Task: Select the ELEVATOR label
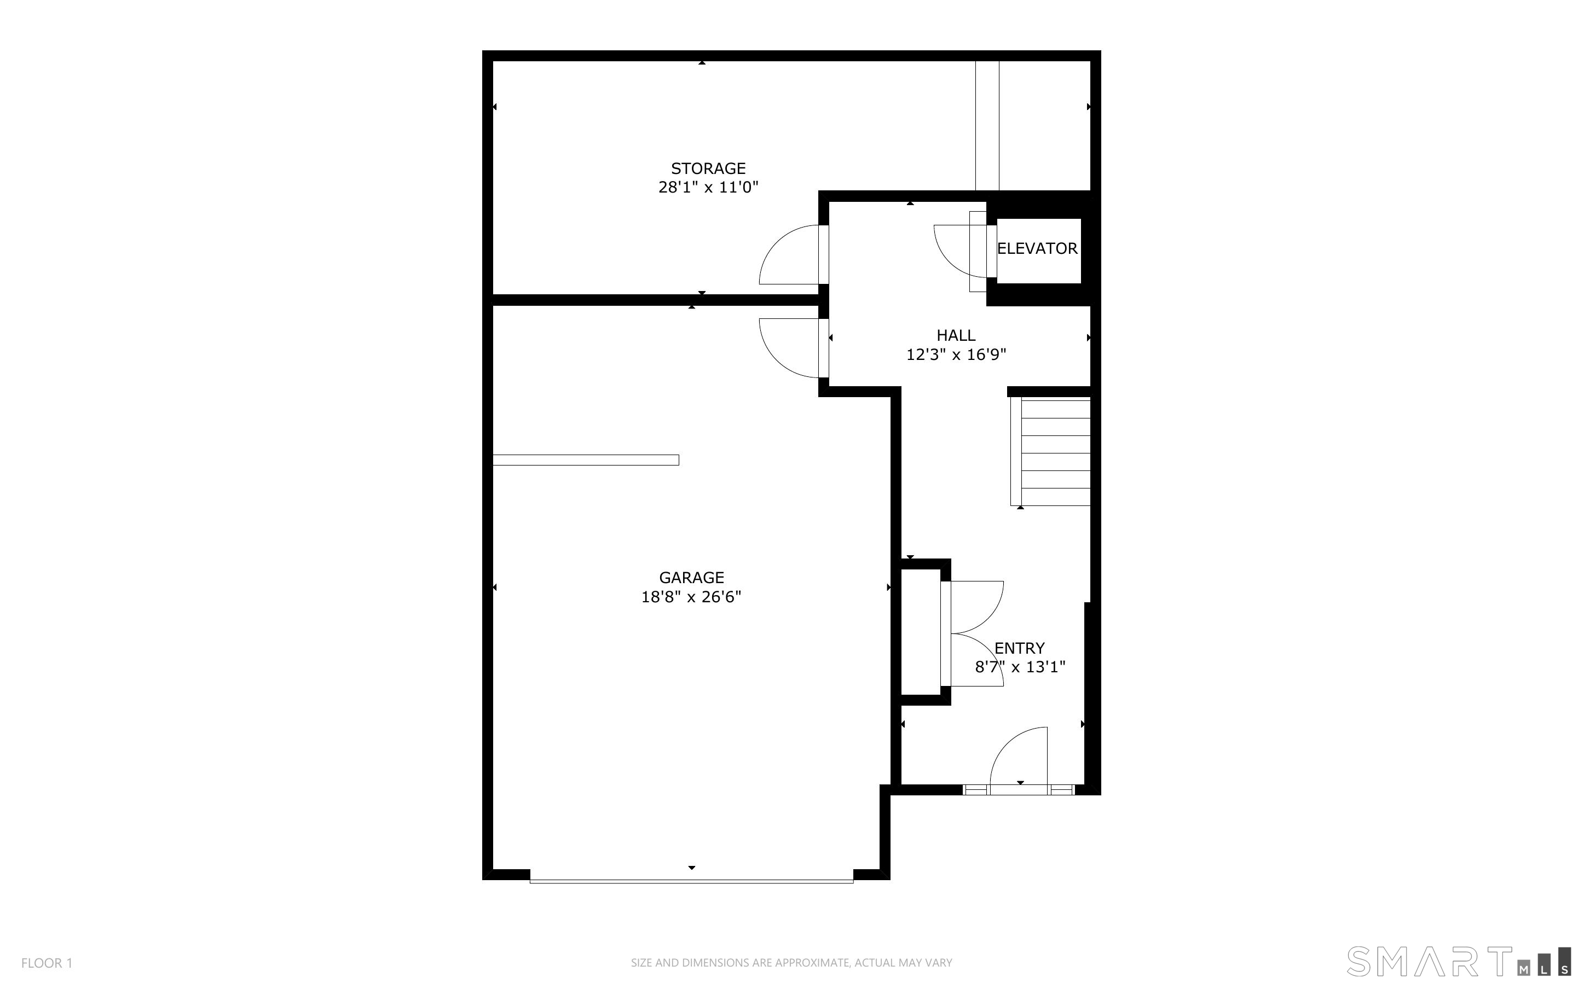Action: pos(1037,248)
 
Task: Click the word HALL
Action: pos(956,335)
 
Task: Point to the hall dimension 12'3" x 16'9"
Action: pos(956,354)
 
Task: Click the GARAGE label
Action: pos(692,578)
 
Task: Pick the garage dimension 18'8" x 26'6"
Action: pos(692,597)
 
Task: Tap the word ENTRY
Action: pos(1019,648)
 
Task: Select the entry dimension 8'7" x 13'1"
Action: pos(1020,667)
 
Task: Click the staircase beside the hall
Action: pos(1051,452)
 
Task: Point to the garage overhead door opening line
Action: pos(692,882)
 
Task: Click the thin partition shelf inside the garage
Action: pos(586,460)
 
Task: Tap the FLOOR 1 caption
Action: pos(47,963)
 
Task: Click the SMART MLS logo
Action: pos(1458,961)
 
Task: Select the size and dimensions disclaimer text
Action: pos(791,963)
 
